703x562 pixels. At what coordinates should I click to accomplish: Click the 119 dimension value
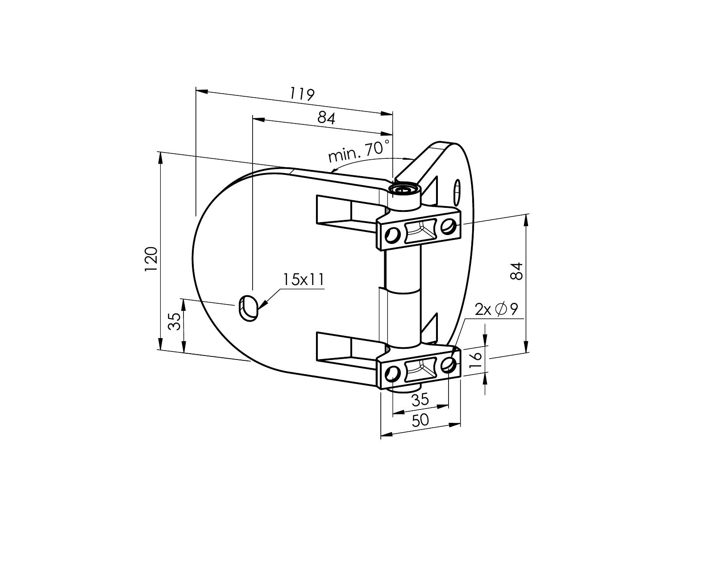click(x=302, y=95)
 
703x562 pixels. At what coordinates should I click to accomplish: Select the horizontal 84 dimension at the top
click(x=326, y=118)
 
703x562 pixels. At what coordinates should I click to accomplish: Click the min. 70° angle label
click(x=359, y=151)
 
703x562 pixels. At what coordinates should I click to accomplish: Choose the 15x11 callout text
click(x=303, y=280)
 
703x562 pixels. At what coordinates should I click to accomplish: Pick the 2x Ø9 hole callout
click(x=496, y=309)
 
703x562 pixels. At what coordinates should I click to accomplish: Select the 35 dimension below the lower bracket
click(x=420, y=399)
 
